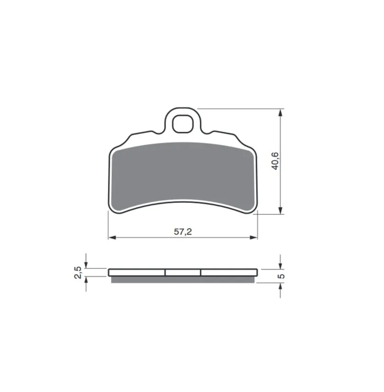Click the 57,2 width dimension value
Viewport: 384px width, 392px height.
[183, 232]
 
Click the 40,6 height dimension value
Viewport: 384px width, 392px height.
[275, 161]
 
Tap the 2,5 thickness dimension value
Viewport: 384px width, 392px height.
[78, 272]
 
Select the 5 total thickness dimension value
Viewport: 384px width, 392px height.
[281, 276]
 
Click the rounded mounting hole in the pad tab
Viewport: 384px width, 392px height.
[183, 124]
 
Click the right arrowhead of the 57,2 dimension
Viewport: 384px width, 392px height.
[253, 237]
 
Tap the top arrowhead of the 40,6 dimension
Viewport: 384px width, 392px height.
[281, 113]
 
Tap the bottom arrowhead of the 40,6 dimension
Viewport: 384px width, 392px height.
[281, 210]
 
